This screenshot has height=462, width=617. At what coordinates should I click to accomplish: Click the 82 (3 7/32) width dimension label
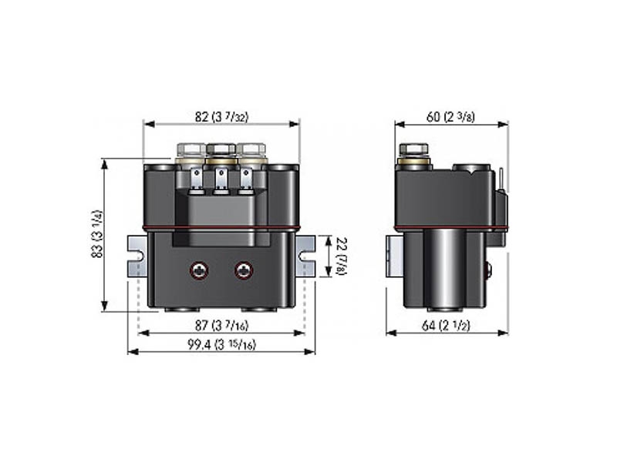coord(221,118)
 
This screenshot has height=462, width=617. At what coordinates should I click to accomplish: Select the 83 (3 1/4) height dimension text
coord(98,234)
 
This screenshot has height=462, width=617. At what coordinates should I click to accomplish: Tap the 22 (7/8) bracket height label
coord(340,256)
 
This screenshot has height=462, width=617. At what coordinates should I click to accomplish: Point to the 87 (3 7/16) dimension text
coord(221,327)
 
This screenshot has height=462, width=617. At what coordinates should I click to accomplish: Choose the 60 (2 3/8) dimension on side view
coord(451,118)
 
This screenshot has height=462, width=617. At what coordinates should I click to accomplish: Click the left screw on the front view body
coord(200,269)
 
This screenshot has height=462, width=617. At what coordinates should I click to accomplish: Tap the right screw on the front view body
coord(245,269)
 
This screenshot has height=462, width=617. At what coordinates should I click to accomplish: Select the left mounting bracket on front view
coord(137,256)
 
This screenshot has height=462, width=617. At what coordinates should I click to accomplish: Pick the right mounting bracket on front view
coord(306,256)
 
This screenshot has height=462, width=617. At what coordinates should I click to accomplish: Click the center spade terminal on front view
coord(221,182)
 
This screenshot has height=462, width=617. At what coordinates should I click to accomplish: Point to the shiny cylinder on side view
coord(443,269)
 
